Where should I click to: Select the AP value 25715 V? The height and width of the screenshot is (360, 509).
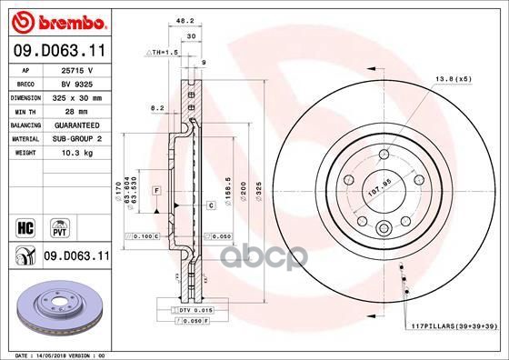[76, 69]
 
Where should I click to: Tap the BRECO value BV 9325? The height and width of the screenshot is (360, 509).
[76, 82]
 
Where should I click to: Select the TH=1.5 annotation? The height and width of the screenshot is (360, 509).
[161, 54]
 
